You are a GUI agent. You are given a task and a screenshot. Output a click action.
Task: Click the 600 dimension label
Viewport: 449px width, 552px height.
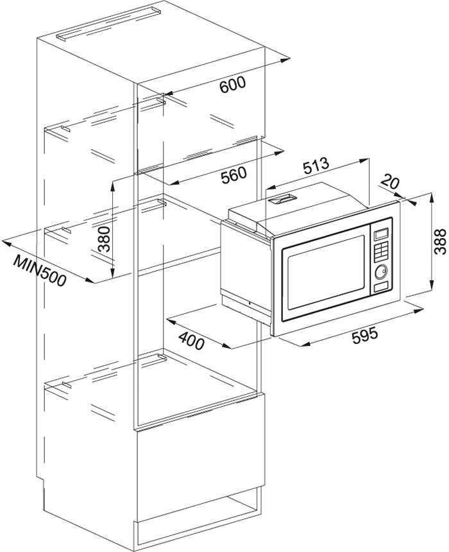coord(232,85)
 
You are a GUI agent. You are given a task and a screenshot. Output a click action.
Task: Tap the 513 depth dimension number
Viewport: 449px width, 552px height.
coord(316,166)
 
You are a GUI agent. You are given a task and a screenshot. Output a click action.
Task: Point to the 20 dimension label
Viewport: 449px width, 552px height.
coord(389,182)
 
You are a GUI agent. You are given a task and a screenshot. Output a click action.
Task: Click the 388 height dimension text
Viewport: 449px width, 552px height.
coord(440,241)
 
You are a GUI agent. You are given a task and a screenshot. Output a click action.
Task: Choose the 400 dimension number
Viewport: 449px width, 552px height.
coord(191,340)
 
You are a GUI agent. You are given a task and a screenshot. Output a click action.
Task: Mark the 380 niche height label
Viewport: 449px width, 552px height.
coord(104,239)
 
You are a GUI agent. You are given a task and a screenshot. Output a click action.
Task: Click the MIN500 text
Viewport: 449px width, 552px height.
coord(40,270)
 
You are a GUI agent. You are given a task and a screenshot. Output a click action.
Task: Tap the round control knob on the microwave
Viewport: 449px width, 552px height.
coord(381,272)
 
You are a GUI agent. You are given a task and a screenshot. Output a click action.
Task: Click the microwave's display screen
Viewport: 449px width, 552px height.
coord(382,233)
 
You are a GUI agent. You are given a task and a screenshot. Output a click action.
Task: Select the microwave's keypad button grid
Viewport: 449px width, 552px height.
coord(382,252)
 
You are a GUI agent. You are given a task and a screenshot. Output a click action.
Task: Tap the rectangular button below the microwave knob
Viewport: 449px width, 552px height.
coord(382,286)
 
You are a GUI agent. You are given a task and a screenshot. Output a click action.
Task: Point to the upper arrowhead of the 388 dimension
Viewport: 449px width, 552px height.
coord(432,196)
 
